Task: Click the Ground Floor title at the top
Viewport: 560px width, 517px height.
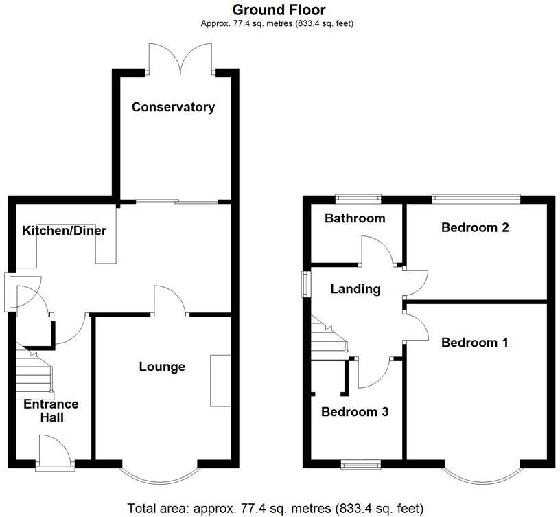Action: tap(279, 10)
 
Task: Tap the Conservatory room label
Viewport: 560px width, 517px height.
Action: tap(173, 107)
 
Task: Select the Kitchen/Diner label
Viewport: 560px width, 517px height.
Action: tap(64, 231)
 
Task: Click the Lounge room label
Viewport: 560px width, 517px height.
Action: tap(162, 367)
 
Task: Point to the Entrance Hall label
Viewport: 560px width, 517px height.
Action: tap(51, 411)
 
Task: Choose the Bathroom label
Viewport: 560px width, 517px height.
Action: tap(355, 218)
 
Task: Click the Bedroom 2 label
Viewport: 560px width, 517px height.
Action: tap(475, 227)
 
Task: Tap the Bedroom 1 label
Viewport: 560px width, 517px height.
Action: tap(475, 343)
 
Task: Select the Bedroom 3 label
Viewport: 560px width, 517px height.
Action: tap(355, 412)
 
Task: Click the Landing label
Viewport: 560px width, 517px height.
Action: tap(355, 289)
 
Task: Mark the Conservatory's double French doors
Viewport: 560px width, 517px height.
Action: tap(180, 58)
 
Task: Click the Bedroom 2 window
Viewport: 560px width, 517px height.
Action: tap(476, 198)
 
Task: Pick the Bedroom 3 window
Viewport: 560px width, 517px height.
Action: tap(360, 466)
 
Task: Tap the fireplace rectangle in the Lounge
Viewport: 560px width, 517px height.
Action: tap(220, 381)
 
